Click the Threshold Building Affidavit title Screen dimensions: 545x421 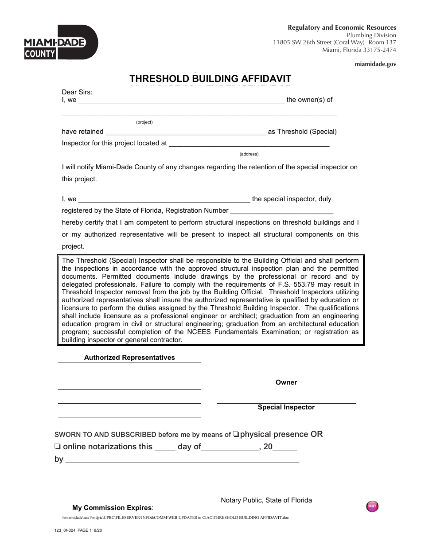[210, 79]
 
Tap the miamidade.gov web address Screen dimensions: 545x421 [375, 64]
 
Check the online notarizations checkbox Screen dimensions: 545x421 [57, 447]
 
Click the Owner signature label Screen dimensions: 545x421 [286, 382]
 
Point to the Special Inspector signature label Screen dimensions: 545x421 [286, 407]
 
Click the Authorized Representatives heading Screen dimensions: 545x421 [129, 358]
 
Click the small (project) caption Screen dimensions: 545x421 [144, 122]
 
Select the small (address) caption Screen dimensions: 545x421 [249, 154]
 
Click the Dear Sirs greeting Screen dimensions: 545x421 [77, 92]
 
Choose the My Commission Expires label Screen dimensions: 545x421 [113, 508]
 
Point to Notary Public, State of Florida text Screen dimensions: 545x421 [266, 500]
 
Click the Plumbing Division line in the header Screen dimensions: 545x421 [371, 35]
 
